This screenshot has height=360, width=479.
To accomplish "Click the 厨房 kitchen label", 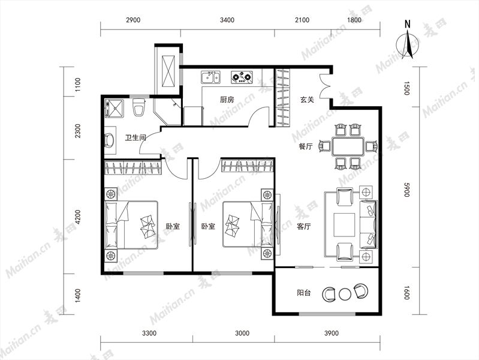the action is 227,100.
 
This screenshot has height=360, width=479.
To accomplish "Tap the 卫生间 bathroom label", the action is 135,137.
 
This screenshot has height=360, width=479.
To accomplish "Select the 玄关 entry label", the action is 308,100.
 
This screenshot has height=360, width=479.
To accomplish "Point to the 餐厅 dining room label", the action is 306,146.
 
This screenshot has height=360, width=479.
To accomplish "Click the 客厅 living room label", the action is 304,227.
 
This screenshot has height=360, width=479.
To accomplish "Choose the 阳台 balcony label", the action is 304,293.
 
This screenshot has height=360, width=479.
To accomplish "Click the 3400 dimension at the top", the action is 227,20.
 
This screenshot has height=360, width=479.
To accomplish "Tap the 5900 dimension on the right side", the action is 406,190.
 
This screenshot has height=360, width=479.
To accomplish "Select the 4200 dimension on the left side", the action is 78,217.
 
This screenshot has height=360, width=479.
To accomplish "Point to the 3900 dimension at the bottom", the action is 332,333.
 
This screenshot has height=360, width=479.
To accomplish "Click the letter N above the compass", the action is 407,24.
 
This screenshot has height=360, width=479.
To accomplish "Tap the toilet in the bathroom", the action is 138,106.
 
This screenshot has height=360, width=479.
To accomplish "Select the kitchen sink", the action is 210,77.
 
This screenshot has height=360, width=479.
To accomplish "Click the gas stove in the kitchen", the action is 242,77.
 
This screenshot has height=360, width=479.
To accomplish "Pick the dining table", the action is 348,147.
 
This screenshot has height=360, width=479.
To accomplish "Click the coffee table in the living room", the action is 344,225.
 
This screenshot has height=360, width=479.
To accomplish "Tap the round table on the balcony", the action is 345,294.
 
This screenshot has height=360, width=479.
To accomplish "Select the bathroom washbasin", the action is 109,140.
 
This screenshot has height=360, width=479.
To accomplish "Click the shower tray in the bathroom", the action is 114,109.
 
